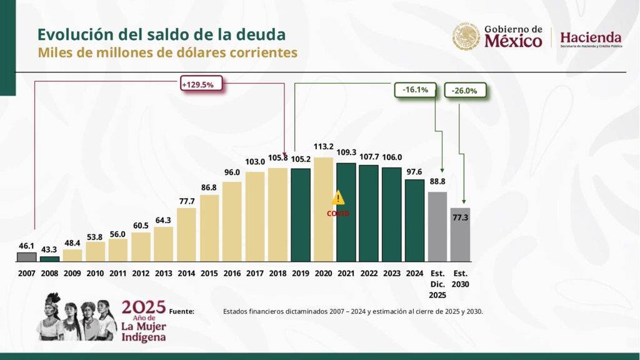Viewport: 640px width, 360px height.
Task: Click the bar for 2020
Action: coord(323,209)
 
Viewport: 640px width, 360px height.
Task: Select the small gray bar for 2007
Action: coord(26,257)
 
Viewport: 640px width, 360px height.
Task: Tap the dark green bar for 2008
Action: coord(49,259)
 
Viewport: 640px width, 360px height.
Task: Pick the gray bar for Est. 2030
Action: coord(460,234)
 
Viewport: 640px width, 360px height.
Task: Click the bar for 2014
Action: coord(186,234)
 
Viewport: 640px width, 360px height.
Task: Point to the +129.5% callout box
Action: coord(201,85)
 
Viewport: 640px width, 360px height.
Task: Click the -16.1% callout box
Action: coord(416,90)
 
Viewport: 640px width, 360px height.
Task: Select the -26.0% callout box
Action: coord(464,91)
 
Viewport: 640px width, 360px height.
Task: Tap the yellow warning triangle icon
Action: coord(338,197)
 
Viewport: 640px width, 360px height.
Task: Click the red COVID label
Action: coord(338,213)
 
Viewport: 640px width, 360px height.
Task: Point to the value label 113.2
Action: coord(323,148)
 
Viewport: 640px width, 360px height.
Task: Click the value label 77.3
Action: coord(459,217)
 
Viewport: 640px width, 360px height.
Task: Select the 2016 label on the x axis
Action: coord(231,273)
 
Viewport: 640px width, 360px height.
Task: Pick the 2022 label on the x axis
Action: coord(368,273)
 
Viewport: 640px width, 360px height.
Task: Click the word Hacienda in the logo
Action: coord(591,37)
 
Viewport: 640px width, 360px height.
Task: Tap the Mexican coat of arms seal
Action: coord(466,37)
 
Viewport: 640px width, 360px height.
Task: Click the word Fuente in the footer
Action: coord(181,311)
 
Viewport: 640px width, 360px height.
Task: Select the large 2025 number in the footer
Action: coord(144,307)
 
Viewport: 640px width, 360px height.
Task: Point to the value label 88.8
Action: coord(437,182)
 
